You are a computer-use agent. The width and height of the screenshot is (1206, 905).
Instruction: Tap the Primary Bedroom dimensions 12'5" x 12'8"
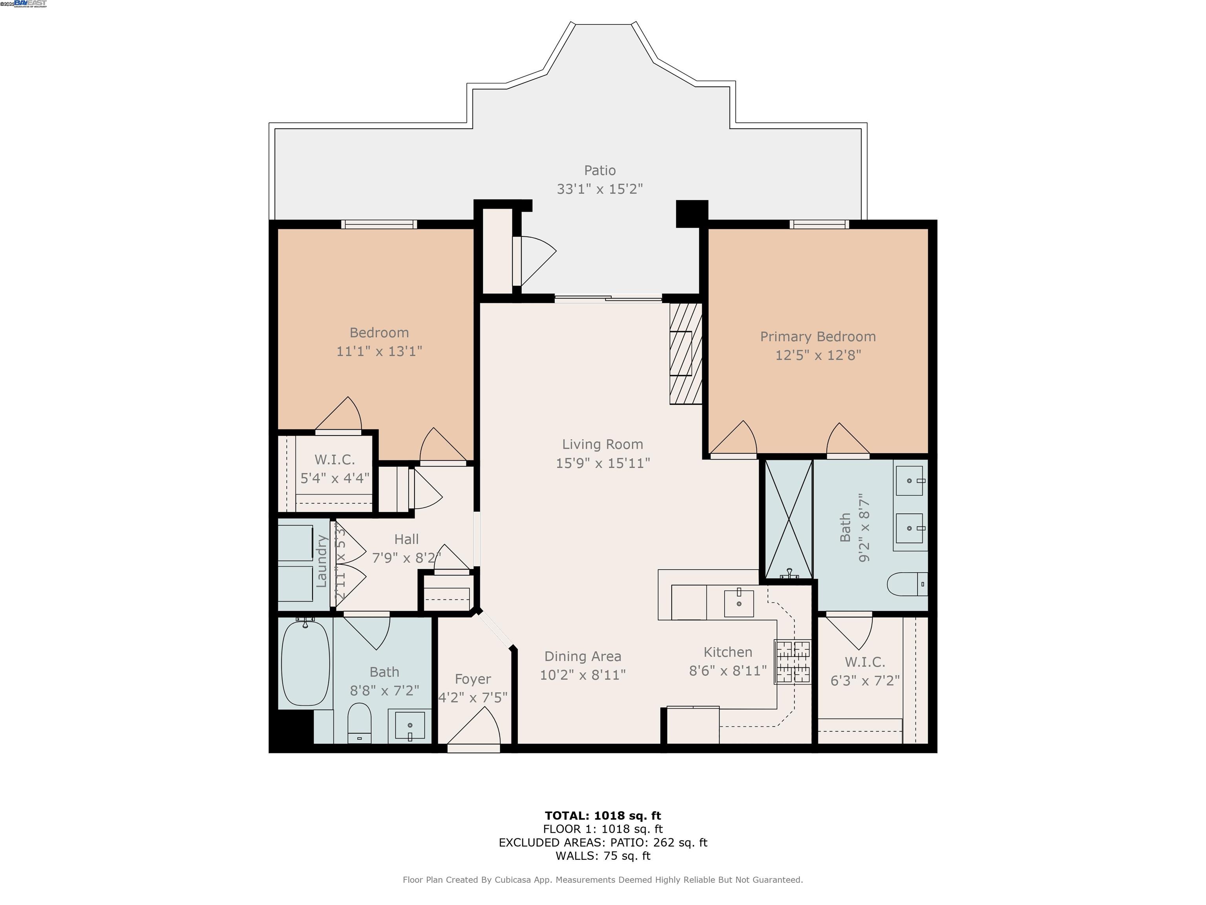click(818, 355)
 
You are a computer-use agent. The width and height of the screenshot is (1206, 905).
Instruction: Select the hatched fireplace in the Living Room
click(685, 354)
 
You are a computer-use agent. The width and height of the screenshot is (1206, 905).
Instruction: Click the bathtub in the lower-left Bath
click(305, 663)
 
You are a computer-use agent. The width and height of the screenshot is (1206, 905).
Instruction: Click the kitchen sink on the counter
click(739, 603)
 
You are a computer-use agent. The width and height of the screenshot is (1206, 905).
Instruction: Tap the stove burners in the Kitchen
click(793, 662)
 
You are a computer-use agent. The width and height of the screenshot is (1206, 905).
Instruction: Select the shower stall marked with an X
click(788, 519)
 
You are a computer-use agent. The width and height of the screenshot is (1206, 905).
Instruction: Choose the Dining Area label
click(582, 656)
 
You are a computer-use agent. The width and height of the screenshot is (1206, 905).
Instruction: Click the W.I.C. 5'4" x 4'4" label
click(335, 469)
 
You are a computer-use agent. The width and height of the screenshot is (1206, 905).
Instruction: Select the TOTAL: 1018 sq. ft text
click(603, 815)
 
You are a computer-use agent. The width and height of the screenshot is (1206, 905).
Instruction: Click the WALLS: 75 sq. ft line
click(603, 856)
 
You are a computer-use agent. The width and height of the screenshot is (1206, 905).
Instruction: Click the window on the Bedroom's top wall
click(379, 224)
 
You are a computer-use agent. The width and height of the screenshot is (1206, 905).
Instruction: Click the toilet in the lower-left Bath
click(359, 723)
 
